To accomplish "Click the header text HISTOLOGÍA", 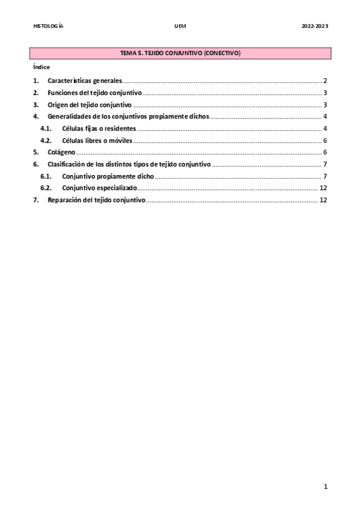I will click(x=49, y=26).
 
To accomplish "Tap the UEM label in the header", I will click(x=180, y=26).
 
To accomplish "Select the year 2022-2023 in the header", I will click(x=314, y=26).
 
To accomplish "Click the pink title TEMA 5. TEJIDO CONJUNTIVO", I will click(x=180, y=54).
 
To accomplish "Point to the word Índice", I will click(x=41, y=67).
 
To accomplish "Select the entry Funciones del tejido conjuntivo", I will click(x=94, y=93).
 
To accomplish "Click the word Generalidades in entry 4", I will click(x=71, y=116).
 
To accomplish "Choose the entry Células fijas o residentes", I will click(x=99, y=129).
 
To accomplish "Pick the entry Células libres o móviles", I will click(x=97, y=141).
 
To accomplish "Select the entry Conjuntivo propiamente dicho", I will click(x=108, y=176).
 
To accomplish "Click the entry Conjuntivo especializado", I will click(x=99, y=188).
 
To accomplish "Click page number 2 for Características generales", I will click(x=325, y=81).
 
